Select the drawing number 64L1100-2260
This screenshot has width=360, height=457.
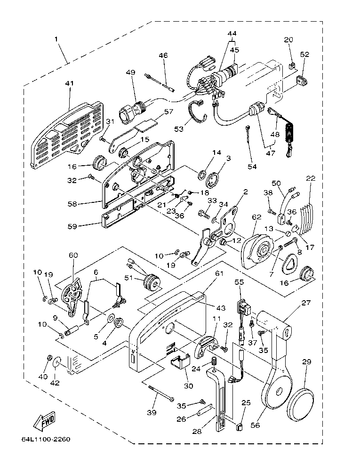46,440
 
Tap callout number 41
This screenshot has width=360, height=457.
70,83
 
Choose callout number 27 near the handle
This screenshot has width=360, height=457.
306,304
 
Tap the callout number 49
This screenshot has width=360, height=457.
130,72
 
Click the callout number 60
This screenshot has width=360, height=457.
72,255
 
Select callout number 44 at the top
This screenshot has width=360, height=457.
232,34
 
